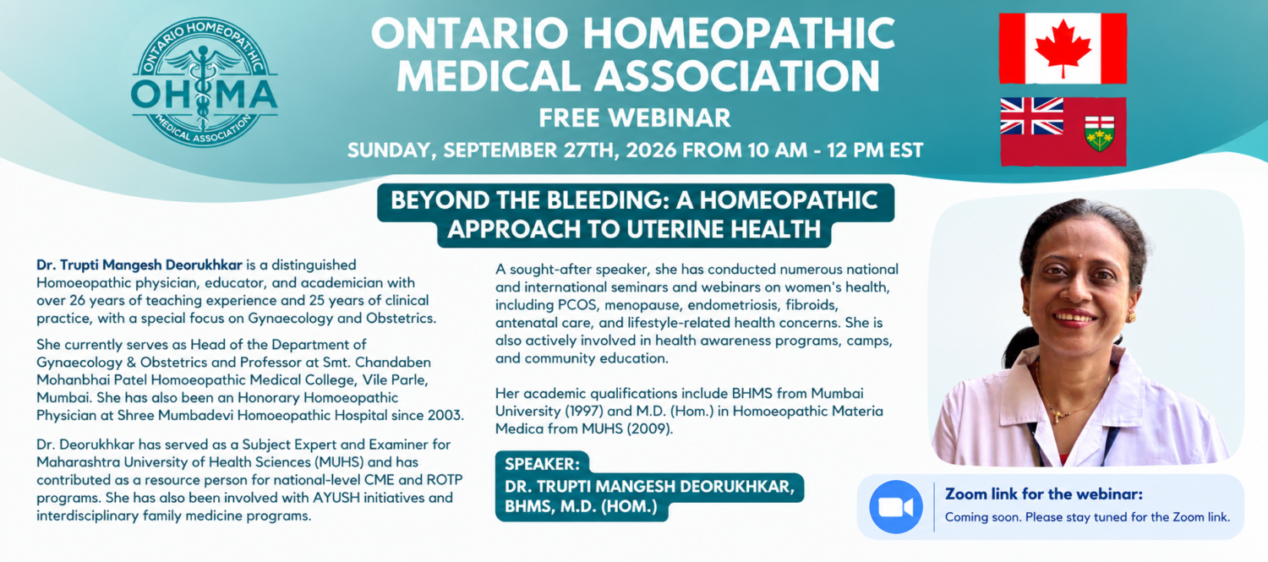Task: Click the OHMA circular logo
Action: tap(205, 82)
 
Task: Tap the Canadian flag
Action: tap(1063, 49)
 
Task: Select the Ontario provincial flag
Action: tap(1063, 132)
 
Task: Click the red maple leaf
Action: tap(1063, 48)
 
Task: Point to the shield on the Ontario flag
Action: tap(1099, 134)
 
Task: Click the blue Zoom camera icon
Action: tap(895, 507)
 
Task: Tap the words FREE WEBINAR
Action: tap(635, 117)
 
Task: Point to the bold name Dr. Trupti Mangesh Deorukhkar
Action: tap(139, 265)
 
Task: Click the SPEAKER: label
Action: tap(542, 464)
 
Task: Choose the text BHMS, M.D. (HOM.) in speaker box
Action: tap(581, 506)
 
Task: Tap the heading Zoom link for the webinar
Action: tap(1044, 494)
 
